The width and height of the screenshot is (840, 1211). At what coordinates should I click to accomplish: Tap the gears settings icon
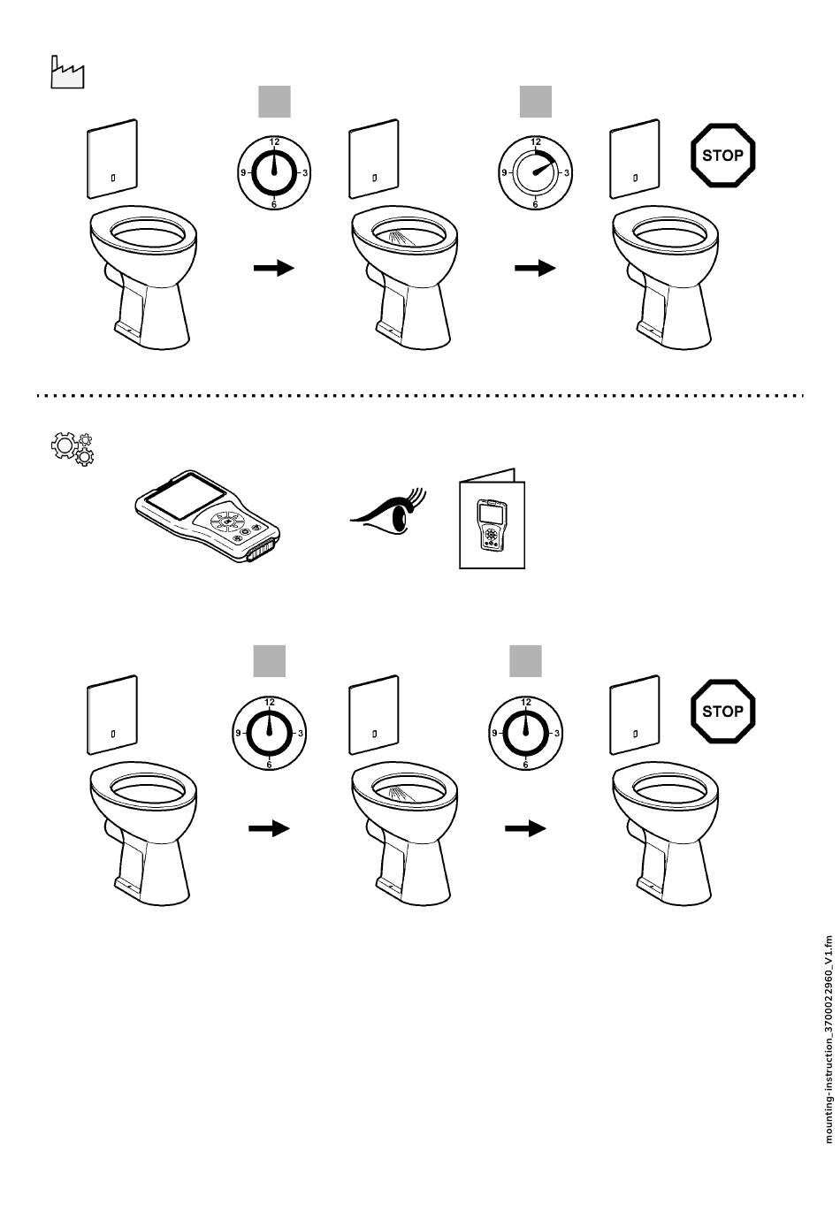pos(73,449)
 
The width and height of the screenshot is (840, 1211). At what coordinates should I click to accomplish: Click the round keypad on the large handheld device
pos(227,522)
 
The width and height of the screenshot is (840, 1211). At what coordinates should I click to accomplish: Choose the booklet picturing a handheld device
pos(492,519)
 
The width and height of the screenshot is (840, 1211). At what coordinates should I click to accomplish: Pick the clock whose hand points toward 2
pos(535,173)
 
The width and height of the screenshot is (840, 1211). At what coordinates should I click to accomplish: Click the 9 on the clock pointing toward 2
pos(505,173)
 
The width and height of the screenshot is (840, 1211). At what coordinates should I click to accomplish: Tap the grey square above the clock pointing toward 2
pos(536,102)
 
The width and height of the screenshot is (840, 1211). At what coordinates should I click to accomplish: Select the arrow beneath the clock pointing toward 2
pos(535,268)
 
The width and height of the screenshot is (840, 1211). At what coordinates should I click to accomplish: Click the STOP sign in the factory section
pos(722,156)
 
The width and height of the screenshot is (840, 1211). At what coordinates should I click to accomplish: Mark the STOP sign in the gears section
pos(722,712)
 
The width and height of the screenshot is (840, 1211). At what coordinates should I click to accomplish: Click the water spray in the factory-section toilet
pos(402,239)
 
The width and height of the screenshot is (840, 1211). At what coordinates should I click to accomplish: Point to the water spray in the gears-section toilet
pos(402,794)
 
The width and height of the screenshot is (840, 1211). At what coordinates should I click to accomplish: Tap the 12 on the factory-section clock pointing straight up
pos(275,142)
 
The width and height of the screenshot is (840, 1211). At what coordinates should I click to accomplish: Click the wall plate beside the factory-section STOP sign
pos(635,159)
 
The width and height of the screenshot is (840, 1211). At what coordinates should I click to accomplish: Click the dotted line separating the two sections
pos(420,396)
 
